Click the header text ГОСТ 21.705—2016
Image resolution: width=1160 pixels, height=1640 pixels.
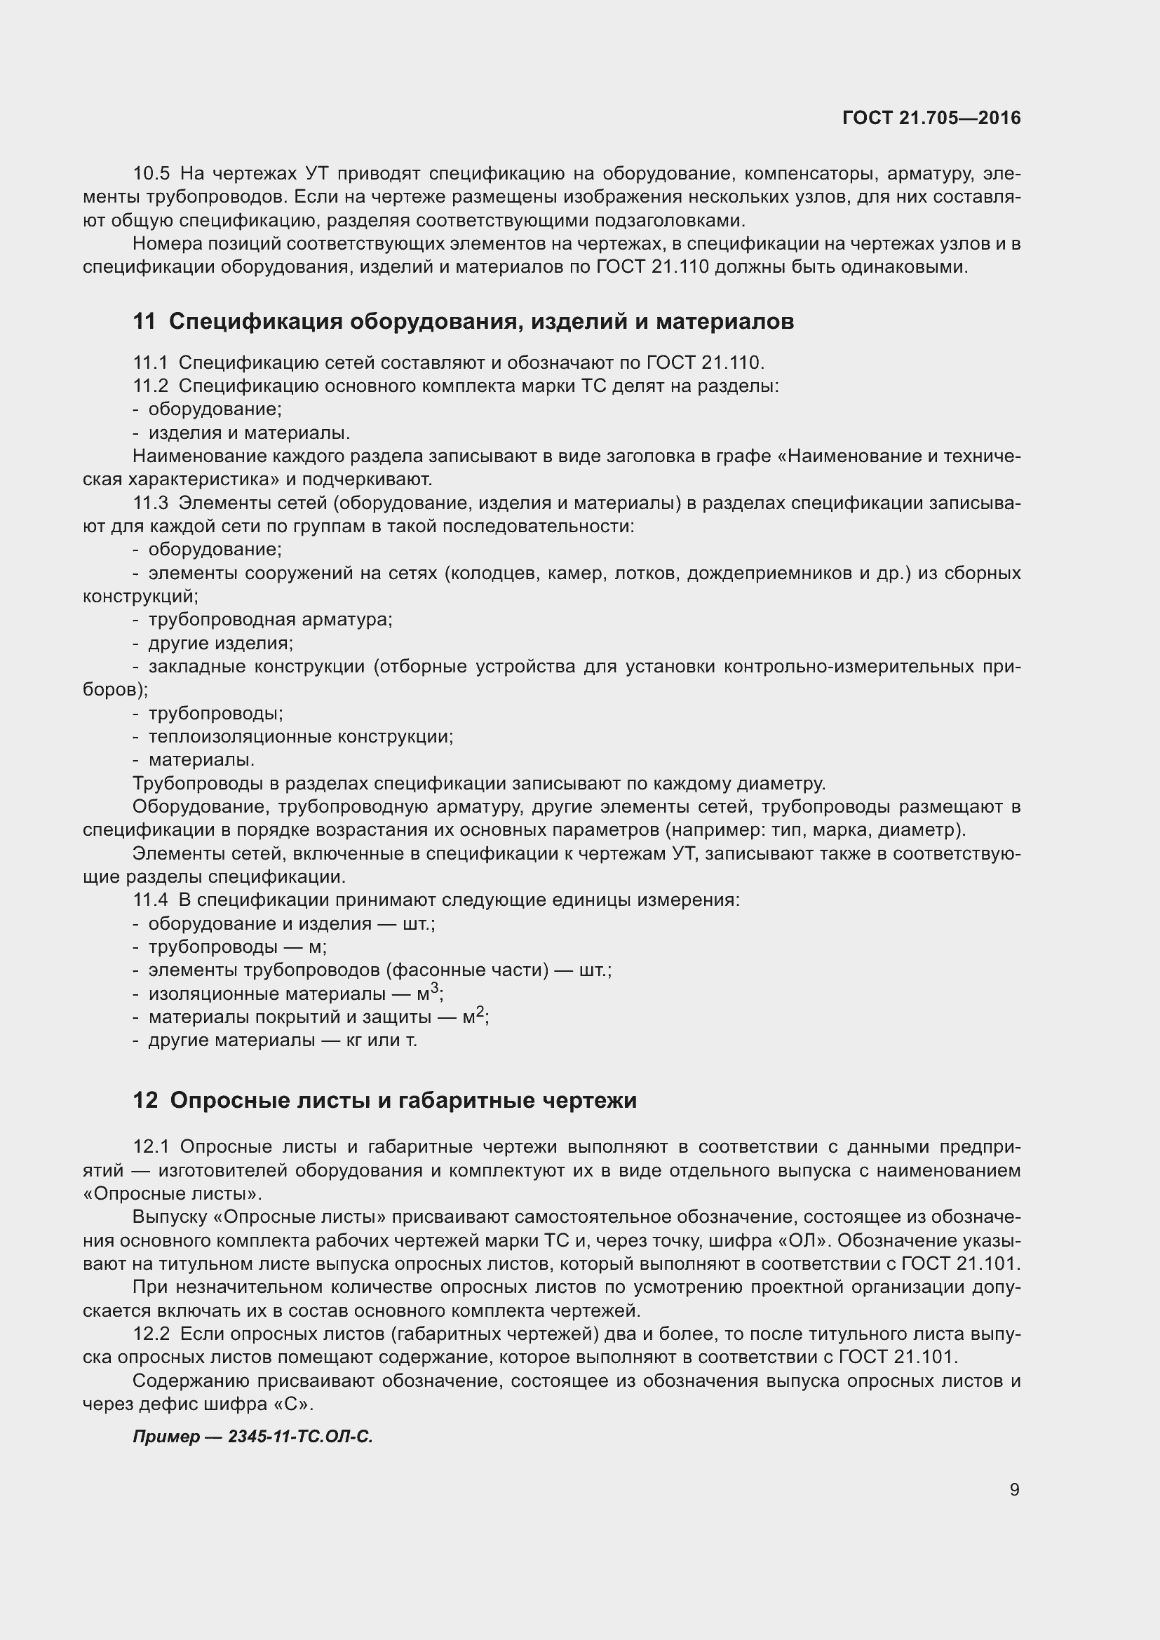pyautogui.click(x=931, y=118)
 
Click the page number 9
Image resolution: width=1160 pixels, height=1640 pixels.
pyautogui.click(x=1014, y=1489)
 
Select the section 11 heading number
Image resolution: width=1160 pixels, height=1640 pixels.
pyautogui.click(x=144, y=322)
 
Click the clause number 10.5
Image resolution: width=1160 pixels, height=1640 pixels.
pyautogui.click(x=151, y=174)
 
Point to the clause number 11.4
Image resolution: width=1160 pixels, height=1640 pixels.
pyautogui.click(x=150, y=900)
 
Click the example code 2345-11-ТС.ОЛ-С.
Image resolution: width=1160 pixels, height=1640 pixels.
pyautogui.click(x=300, y=1437)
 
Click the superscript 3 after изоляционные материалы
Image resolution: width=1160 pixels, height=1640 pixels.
pyautogui.click(x=434, y=988)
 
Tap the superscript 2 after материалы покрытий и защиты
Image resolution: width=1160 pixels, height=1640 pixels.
pyautogui.click(x=480, y=1012)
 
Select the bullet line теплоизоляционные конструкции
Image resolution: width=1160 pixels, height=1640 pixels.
pyautogui.click(x=300, y=736)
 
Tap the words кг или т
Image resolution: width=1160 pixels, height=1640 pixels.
pyautogui.click(x=382, y=1040)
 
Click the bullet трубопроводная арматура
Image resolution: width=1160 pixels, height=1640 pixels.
pyautogui.click(x=270, y=619)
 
